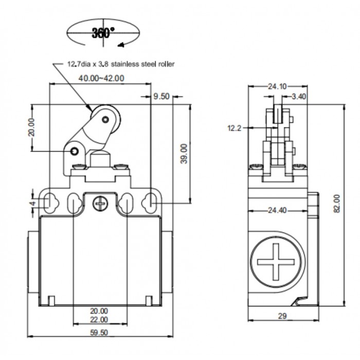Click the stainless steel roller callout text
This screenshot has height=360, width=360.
point(121,64)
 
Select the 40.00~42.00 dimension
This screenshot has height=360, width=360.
point(101,79)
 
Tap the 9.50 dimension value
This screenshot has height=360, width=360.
point(161,96)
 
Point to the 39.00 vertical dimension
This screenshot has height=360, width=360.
point(184,153)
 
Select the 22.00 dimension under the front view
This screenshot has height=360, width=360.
point(99,319)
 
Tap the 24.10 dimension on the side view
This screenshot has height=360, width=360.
point(277,86)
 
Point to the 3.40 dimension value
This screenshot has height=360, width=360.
point(299,96)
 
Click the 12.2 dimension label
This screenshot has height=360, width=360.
point(235,128)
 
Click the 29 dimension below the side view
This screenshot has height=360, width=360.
point(282,316)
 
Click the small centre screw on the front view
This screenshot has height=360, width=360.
point(99,205)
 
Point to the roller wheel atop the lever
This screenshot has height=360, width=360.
point(106,120)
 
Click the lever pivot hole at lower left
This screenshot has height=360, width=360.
point(75,151)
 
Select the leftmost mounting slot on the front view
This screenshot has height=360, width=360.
point(48,203)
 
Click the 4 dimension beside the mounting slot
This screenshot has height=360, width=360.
point(32,203)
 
